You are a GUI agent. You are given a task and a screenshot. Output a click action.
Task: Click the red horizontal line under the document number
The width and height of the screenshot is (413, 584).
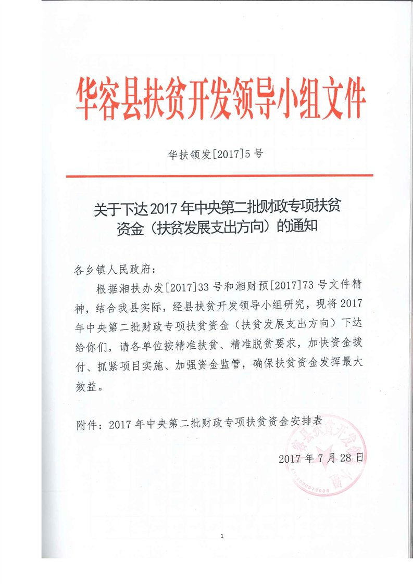pos(219,176)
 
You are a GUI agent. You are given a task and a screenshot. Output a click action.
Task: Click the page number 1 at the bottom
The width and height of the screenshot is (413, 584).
pos(222,536)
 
